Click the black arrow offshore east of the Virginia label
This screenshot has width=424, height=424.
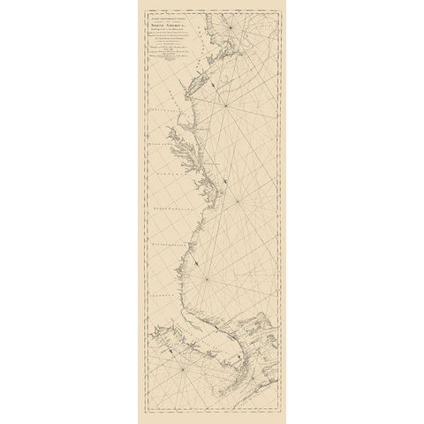[x=228, y=180]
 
